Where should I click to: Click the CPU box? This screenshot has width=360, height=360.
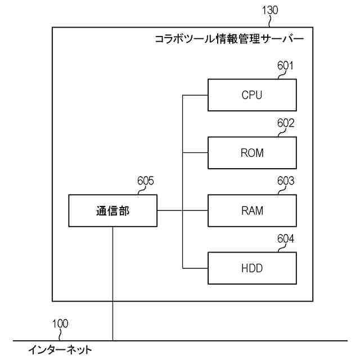tap(252, 95)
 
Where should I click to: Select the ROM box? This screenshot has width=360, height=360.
tap(252, 152)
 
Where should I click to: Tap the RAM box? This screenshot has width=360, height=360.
tap(252, 211)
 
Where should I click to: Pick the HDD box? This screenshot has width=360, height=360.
tap(252, 268)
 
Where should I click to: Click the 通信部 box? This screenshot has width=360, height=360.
tap(112, 211)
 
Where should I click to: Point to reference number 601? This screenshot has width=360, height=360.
tap(285, 66)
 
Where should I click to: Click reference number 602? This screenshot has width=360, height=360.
tap(285, 123)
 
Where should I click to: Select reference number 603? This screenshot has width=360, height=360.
tap(285, 181)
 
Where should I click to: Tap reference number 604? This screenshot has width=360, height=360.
tap(285, 239)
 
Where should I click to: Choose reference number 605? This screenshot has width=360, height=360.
tap(146, 181)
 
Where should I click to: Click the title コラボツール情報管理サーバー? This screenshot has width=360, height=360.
tap(228, 40)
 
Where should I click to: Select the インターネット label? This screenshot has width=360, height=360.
tap(60, 350)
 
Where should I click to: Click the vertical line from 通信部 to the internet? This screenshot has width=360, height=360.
tap(112, 281)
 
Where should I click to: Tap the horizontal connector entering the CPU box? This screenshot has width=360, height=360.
tap(196, 95)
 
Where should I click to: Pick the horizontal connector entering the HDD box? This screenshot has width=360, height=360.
tap(196, 268)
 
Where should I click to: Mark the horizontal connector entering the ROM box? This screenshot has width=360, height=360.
tap(196, 152)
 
